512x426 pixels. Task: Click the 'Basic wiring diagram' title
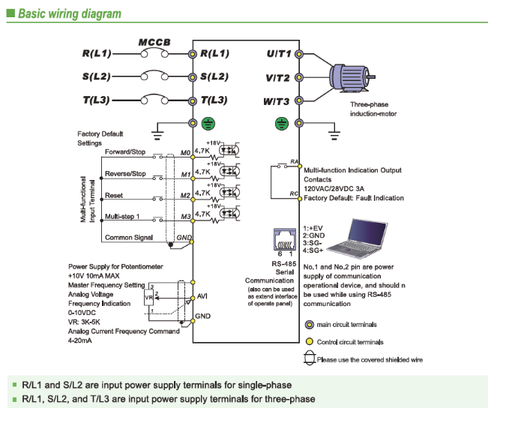[x=69, y=13]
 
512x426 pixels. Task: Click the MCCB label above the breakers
[x=154, y=42]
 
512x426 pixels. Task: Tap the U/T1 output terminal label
[x=279, y=54]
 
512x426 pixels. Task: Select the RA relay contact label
[x=295, y=160]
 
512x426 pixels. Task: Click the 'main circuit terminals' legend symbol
[x=309, y=325]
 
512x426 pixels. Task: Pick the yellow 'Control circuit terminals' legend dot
[x=309, y=342]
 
